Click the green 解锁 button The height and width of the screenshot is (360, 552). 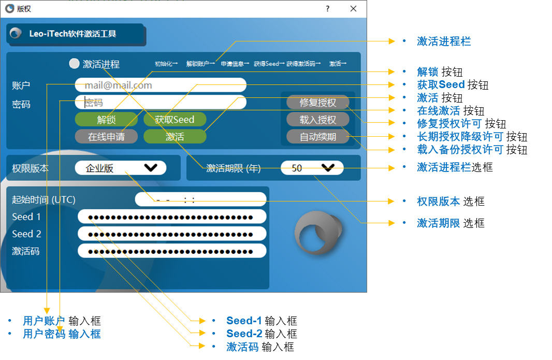click(106, 120)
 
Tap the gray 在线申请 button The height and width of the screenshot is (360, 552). click(106, 137)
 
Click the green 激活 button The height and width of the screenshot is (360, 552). click(175, 137)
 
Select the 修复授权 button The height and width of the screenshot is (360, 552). click(317, 102)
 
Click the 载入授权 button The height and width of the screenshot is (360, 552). click(317, 120)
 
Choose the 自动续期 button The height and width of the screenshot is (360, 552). click(317, 137)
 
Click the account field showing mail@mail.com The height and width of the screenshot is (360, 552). click(161, 85)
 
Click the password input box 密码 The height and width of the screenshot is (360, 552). click(161, 102)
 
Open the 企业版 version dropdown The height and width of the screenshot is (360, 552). click(120, 168)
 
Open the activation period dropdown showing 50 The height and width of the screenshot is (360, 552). click(312, 168)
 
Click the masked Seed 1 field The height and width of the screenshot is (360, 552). click(172, 217)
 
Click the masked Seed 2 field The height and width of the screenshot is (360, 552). click(172, 234)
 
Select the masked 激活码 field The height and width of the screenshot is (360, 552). click(172, 251)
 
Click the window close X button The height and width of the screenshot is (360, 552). click(353, 9)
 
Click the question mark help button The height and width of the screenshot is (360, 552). click(328, 9)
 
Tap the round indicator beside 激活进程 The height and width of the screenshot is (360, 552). click(75, 64)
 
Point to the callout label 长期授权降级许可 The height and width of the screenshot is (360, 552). click(460, 137)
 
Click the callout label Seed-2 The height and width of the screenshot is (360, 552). click(244, 334)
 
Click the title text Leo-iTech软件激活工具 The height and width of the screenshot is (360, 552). click(72, 34)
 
